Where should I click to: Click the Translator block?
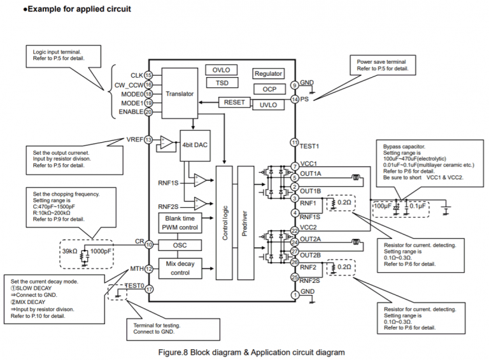pos(179,94)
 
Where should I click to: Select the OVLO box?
pos(222,69)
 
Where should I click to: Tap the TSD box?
pos(222,83)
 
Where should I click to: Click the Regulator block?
pos(268,74)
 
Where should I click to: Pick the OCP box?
pos(269,89)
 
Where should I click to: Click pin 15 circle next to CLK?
pos(148,75)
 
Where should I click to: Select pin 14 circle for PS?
pos(294,99)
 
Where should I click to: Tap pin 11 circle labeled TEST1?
pos(294,143)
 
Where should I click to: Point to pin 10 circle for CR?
pos(148,244)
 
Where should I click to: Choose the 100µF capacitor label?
pos(383,207)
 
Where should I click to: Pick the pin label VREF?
pos(134,140)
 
